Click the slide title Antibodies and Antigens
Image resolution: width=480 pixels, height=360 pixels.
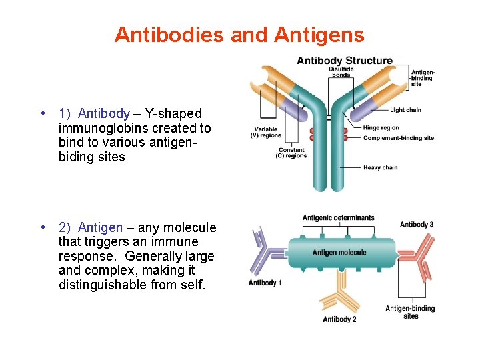[239, 35]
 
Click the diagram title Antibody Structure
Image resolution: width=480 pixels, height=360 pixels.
[344, 61]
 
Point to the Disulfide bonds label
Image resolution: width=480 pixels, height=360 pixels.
[341, 72]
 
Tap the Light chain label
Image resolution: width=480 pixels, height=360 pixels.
[405, 110]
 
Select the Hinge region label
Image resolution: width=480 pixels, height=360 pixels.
[381, 128]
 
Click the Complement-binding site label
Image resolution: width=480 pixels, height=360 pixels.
[398, 138]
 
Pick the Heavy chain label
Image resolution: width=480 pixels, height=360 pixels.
[380, 167]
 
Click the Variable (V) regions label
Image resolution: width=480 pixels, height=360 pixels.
[265, 132]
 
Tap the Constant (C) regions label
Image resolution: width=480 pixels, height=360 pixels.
[292, 153]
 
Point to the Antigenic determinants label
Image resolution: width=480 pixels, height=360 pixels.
[338, 217]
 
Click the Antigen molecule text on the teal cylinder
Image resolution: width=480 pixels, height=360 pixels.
[339, 253]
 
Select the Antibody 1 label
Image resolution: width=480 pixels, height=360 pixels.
[265, 283]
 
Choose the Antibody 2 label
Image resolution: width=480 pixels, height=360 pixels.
[339, 319]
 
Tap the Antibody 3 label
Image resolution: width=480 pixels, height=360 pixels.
[417, 225]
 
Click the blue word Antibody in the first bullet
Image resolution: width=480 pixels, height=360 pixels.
[103, 113]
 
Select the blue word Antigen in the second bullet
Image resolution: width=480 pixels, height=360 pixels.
[100, 227]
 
